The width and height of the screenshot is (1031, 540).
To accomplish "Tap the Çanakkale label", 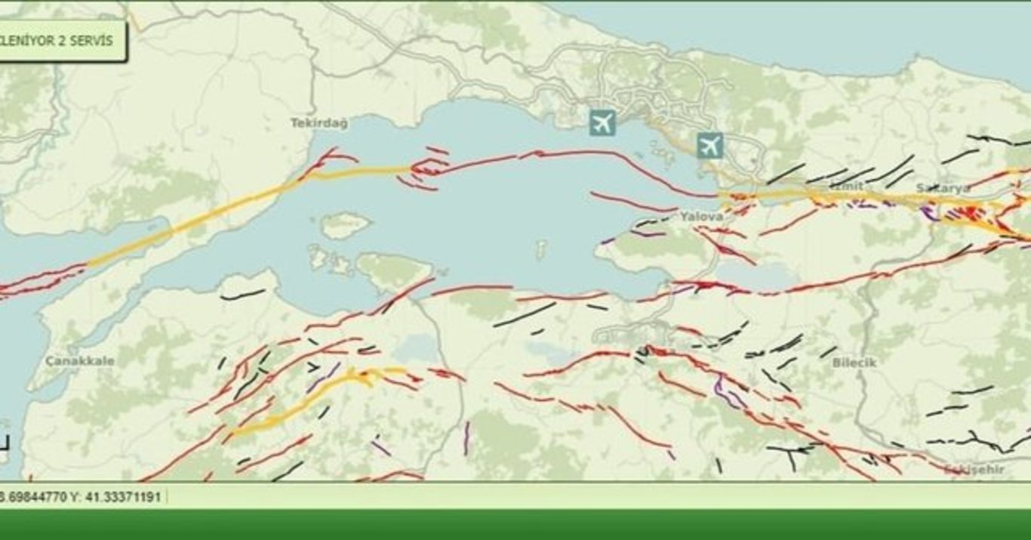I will tap(80, 361).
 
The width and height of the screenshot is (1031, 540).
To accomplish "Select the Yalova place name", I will tap(701, 217).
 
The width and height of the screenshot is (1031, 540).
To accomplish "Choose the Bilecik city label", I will tap(854, 363).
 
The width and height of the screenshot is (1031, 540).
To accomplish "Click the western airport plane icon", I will tap(602, 122).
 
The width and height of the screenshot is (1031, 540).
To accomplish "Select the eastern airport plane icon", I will tap(709, 145).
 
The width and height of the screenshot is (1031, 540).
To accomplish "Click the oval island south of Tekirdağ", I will tap(345, 224).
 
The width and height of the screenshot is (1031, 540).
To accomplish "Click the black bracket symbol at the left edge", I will tap(5, 443).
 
